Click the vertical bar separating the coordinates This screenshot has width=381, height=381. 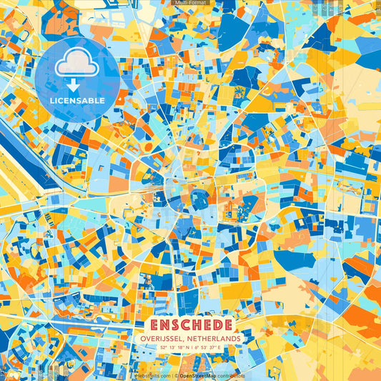(191, 347)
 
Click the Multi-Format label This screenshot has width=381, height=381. (190, 3)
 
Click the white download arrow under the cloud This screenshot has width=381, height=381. (77, 84)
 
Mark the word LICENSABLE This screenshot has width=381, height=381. (77, 101)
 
